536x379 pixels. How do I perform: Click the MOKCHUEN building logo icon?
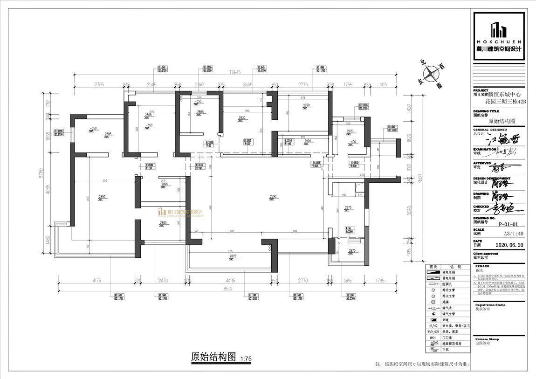click(x=499, y=30)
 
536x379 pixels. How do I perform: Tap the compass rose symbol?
click(x=432, y=73)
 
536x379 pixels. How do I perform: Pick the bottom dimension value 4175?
click(x=97, y=281)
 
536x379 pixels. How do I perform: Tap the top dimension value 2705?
click(x=99, y=85)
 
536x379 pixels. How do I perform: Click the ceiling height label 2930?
click(x=241, y=118)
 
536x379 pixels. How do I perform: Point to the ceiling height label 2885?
click(x=108, y=134)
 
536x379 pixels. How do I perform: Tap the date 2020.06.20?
click(x=505, y=244)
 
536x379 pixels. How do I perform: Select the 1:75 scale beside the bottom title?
click(x=246, y=358)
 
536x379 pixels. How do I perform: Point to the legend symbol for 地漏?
click(x=433, y=302)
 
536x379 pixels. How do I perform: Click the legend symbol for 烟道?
click(x=433, y=320)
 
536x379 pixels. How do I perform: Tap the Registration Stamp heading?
click(x=490, y=305)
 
